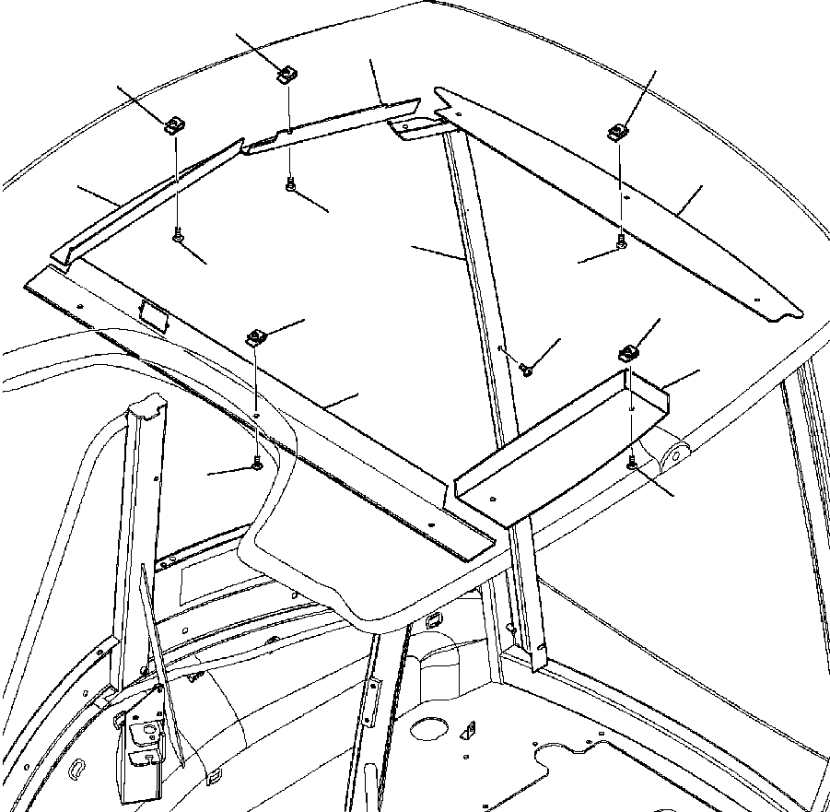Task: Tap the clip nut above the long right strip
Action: tap(617, 132)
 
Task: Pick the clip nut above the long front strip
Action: tap(256, 337)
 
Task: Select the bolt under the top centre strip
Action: tap(291, 185)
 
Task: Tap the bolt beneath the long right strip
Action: tap(622, 241)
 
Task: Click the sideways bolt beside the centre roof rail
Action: tap(526, 369)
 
